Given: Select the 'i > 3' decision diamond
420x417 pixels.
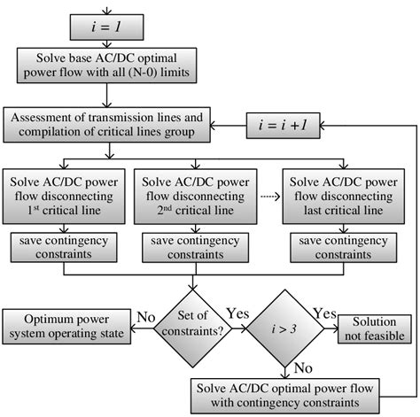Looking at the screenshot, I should point(284,322).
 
